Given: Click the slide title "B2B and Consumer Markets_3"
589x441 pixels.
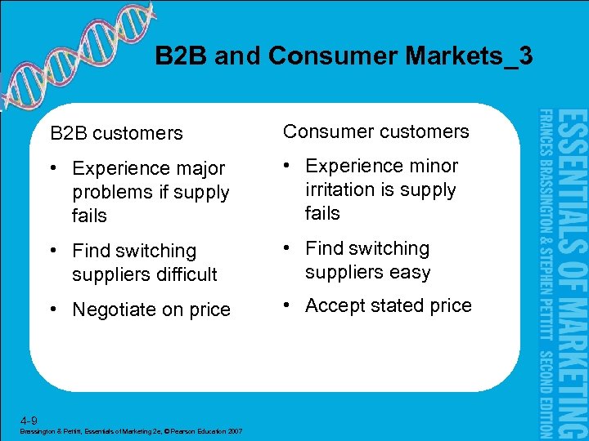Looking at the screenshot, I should [x=344, y=56].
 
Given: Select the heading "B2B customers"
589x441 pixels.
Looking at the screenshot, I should [x=116, y=132].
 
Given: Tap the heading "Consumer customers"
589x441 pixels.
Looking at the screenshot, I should [x=375, y=131].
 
